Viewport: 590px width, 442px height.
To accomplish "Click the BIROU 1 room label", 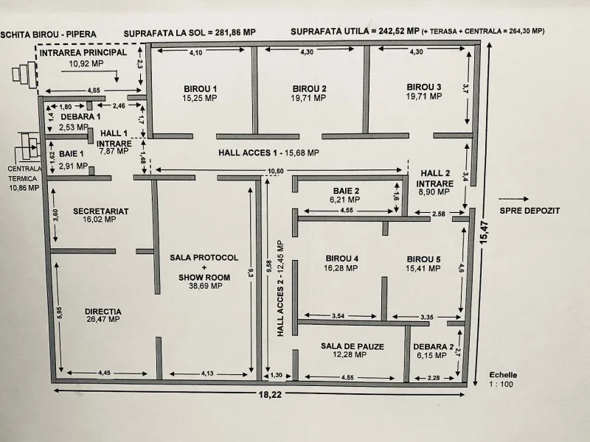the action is point(200,89).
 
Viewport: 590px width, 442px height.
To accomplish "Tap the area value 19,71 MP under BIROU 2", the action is point(308,98).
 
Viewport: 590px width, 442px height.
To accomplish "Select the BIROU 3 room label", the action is point(423,87).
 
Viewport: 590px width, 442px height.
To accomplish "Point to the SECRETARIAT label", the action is point(101,211).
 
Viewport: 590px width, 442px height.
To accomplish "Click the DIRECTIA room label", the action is point(103,312).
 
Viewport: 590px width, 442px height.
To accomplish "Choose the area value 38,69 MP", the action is point(206,286).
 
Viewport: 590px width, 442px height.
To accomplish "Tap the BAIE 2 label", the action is point(346,191).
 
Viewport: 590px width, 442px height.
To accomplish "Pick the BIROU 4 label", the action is point(342,259).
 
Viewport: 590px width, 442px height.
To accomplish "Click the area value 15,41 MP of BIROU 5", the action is point(423,268).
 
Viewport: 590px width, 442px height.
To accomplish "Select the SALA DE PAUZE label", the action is point(353,346).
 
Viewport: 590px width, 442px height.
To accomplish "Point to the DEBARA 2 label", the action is point(434,347).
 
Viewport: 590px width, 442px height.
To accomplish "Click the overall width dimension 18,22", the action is point(270,395).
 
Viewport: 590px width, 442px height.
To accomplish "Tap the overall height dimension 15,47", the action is point(484,232).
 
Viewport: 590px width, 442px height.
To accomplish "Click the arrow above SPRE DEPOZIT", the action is point(513,199).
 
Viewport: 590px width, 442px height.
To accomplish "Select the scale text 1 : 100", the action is point(502,384).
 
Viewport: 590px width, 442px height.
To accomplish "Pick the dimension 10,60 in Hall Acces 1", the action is point(275,172).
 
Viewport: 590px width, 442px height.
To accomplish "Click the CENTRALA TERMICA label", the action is point(24,174).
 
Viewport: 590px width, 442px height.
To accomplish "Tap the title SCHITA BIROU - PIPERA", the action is point(49,35).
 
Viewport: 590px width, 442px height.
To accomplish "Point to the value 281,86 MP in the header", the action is point(235,32).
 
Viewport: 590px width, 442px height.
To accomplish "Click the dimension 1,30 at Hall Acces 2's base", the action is point(276,375).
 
